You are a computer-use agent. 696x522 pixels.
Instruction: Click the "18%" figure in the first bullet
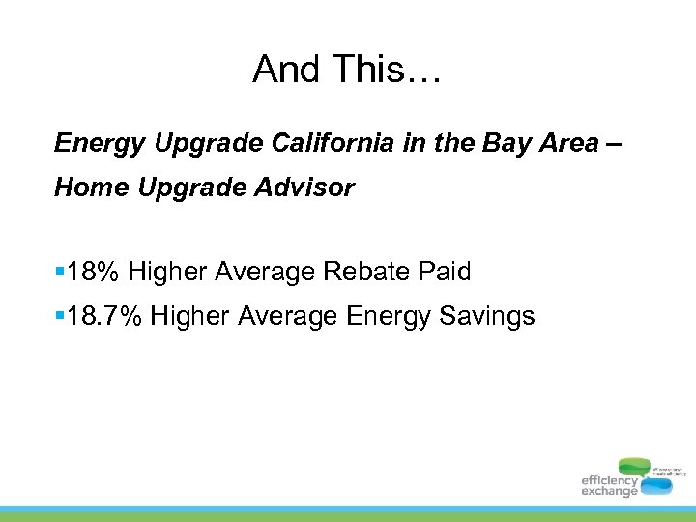[x=94, y=273]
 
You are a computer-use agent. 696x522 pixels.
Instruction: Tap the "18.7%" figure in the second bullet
[x=105, y=315]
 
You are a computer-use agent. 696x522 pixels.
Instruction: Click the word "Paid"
[x=445, y=273]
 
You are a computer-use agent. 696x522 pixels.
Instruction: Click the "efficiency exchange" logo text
[x=609, y=485]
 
